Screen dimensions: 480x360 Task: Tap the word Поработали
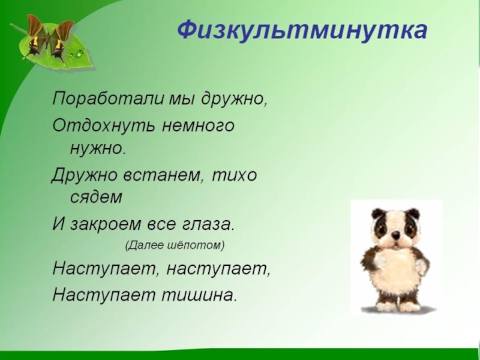tap(108, 99)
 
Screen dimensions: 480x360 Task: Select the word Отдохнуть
tap(103, 125)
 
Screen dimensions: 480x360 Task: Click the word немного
tap(198, 126)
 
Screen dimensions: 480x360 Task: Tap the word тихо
tap(235, 175)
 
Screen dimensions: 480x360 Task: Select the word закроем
tap(106, 224)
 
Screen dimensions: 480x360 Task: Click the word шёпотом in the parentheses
tap(196, 245)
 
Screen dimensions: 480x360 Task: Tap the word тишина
tap(199, 295)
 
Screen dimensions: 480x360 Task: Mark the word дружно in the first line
tap(233, 99)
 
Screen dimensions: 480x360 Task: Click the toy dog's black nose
tap(396, 235)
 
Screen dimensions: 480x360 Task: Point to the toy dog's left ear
tap(378, 213)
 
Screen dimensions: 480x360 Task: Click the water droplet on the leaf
tap(79, 53)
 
